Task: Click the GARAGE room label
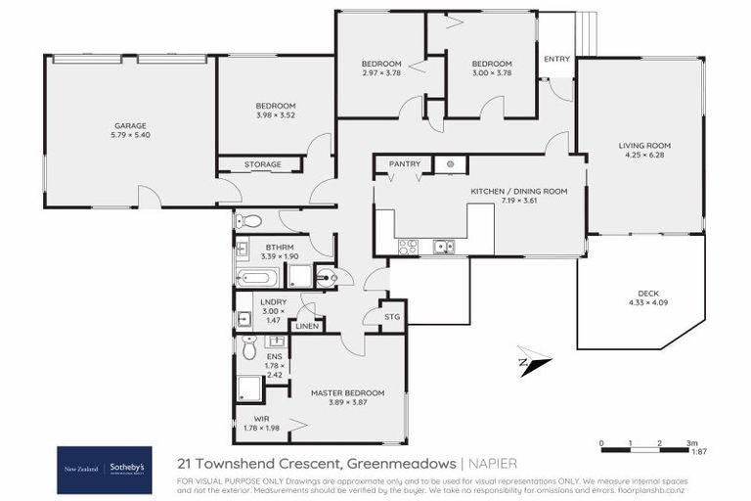pyautogui.click(x=129, y=125)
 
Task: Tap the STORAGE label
pyautogui.click(x=263, y=164)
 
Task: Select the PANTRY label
pyautogui.click(x=404, y=163)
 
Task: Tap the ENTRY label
pyautogui.click(x=556, y=60)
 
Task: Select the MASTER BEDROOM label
pyautogui.click(x=347, y=392)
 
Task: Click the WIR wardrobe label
pyautogui.click(x=261, y=418)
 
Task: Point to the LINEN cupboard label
pyautogui.click(x=306, y=325)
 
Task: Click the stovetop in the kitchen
pyautogui.click(x=409, y=247)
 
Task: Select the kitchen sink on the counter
pyautogui.click(x=444, y=247)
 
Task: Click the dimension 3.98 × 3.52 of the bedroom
pyautogui.click(x=276, y=115)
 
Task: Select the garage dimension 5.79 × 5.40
pyautogui.click(x=129, y=135)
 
